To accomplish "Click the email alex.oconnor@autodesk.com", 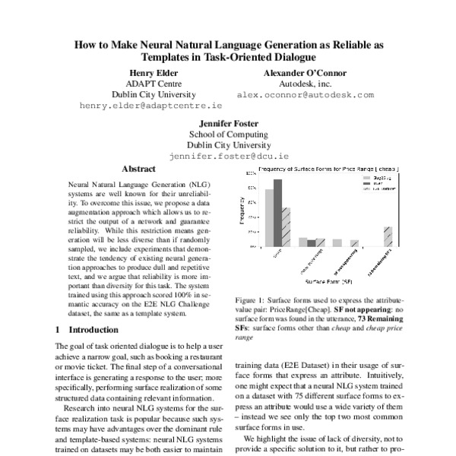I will (305, 95).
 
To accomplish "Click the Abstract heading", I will (138, 170).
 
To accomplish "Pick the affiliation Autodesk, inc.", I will (305, 84).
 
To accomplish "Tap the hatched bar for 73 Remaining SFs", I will (388, 236).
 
